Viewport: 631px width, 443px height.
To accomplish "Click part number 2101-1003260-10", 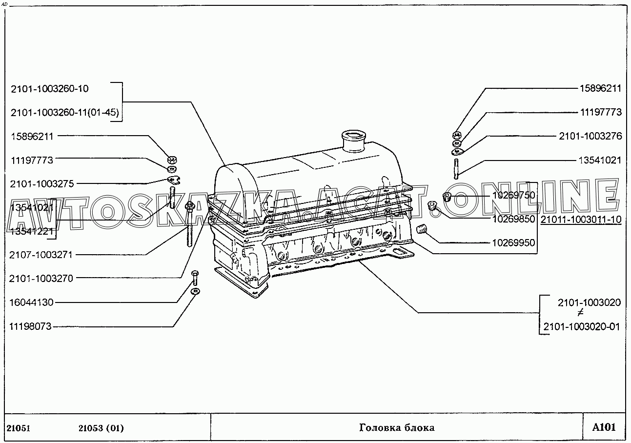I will coord(49,89).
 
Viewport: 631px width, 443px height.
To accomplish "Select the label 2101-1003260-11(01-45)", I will coord(64,113).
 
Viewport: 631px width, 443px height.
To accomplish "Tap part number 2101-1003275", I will coord(41,184).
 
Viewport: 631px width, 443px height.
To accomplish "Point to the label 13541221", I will coord(31,230).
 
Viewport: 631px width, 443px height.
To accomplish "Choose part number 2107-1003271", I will coord(41,255).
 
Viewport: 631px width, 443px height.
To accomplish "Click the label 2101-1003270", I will coord(41,279).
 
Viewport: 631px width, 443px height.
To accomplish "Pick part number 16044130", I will coord(31,302).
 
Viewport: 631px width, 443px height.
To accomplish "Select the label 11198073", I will coord(31,327).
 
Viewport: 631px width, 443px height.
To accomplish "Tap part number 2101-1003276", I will coord(590,136).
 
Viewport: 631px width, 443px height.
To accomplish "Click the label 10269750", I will coord(513,195).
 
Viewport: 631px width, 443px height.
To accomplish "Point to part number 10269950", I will coord(513,243).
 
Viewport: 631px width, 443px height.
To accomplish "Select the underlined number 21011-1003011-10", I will coord(581,220).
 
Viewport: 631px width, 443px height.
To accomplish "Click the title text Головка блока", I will coord(396,428).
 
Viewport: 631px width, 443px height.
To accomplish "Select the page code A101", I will coord(604,427).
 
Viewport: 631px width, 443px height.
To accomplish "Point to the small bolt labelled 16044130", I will coord(195,278).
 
